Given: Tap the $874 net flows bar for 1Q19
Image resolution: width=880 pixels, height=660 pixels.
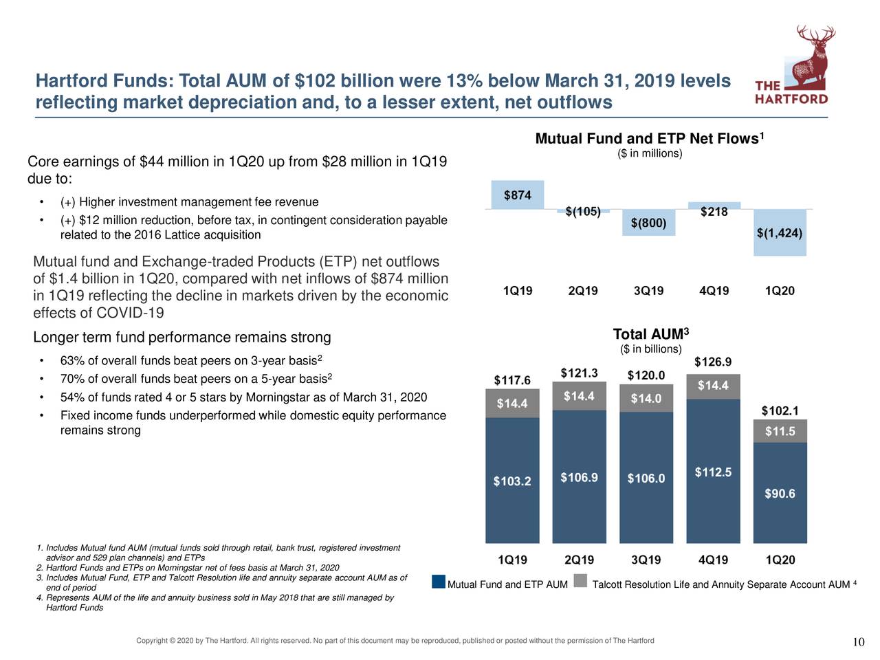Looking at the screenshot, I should point(517,195).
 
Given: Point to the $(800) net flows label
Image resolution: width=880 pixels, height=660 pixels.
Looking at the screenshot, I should point(648,223).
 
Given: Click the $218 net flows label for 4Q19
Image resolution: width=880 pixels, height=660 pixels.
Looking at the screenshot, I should point(714,212).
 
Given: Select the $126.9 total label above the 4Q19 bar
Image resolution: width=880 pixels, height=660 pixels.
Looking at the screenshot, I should point(713,362).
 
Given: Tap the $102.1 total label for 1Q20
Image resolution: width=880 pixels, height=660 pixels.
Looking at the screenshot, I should point(780,412).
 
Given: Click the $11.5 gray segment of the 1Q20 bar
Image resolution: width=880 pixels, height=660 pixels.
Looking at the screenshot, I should point(780,432).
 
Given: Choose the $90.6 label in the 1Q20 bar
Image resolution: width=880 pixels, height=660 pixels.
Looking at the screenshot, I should point(780,494).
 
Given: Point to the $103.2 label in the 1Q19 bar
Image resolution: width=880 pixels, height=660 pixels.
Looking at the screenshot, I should point(512,481).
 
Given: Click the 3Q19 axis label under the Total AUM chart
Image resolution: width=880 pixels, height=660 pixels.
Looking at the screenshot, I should point(646,560).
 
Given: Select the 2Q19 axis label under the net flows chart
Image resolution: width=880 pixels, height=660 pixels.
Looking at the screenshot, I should point(583,291).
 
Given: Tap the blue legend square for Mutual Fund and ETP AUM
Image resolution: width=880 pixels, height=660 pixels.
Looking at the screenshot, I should point(439,582).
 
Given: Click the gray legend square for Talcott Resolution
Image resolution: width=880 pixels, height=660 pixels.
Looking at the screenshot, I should point(580,582).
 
